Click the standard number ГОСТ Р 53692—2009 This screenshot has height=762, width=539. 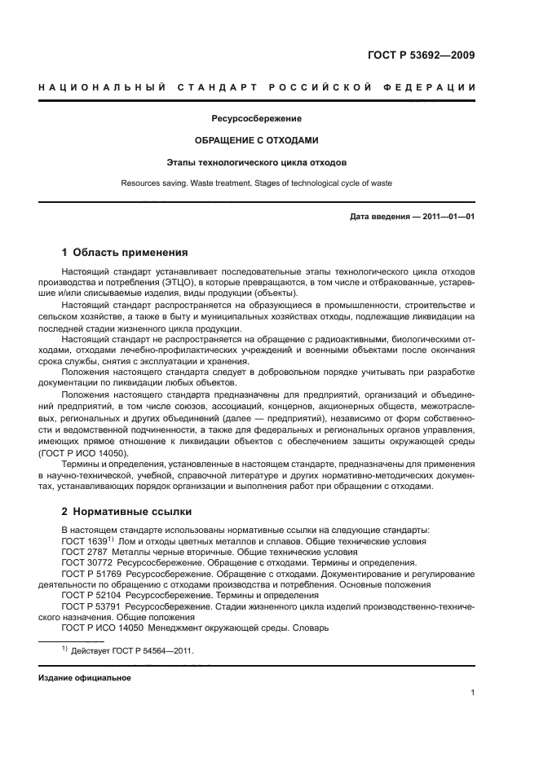click(x=423, y=55)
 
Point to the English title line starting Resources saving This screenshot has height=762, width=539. click(x=257, y=183)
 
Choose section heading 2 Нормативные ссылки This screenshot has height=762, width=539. click(x=126, y=512)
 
